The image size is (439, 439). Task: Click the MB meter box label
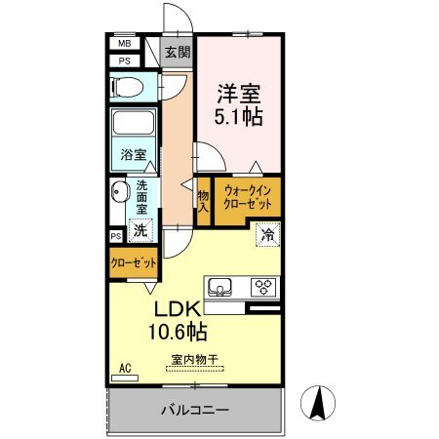click(124, 44)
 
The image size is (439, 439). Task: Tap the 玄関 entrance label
click(178, 52)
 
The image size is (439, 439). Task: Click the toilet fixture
click(127, 87)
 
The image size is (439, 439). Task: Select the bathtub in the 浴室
click(134, 123)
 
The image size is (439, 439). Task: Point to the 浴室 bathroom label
click(134, 155)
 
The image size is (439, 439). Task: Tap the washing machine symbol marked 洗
click(140, 230)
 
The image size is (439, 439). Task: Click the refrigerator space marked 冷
click(268, 234)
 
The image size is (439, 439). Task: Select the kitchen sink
click(219, 288)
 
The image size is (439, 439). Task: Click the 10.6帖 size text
click(178, 332)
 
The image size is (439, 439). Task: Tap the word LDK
click(178, 309)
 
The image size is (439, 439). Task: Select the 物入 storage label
click(204, 202)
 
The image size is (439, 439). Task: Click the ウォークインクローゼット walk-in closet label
click(248, 197)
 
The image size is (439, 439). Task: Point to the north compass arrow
click(318, 403)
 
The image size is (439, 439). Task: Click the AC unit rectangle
click(125, 379)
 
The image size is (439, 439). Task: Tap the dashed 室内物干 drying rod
click(195, 369)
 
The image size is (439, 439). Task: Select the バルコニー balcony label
click(195, 410)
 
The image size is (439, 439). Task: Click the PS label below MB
click(124, 61)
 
